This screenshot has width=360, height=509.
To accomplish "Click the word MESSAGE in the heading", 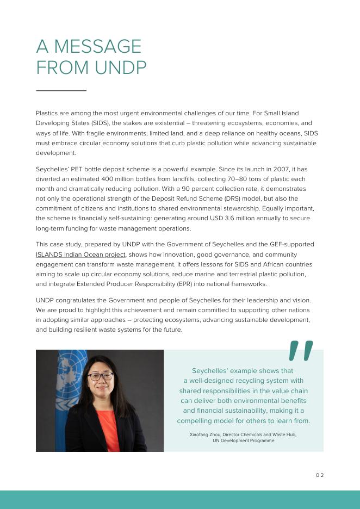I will (x=97, y=46).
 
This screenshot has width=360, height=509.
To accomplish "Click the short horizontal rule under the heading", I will (x=61, y=90).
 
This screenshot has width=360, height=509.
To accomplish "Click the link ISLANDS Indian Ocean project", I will (x=80, y=254).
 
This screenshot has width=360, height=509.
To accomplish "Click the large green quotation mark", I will (x=301, y=351).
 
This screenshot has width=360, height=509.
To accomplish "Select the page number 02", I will (x=319, y=475).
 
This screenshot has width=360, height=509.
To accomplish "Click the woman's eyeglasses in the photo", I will (x=100, y=376).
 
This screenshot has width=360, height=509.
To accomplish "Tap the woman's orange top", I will (x=109, y=430).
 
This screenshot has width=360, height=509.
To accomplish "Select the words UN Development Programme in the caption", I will (x=243, y=440).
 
